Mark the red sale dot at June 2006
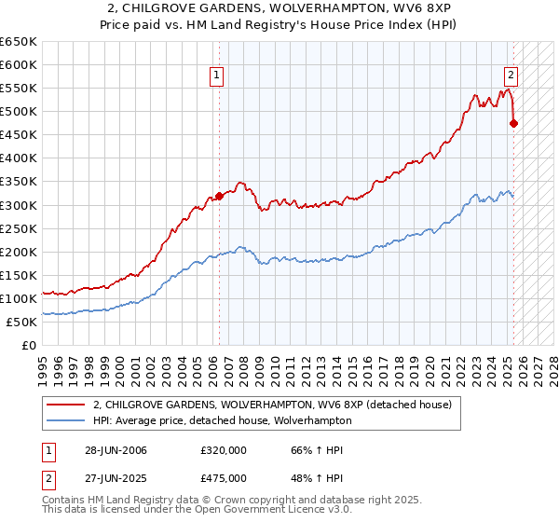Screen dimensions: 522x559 coord(220,196)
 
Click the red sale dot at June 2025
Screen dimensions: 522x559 coord(513,123)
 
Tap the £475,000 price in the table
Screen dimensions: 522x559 coord(223,478)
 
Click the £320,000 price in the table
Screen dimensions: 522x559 coord(223,450)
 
